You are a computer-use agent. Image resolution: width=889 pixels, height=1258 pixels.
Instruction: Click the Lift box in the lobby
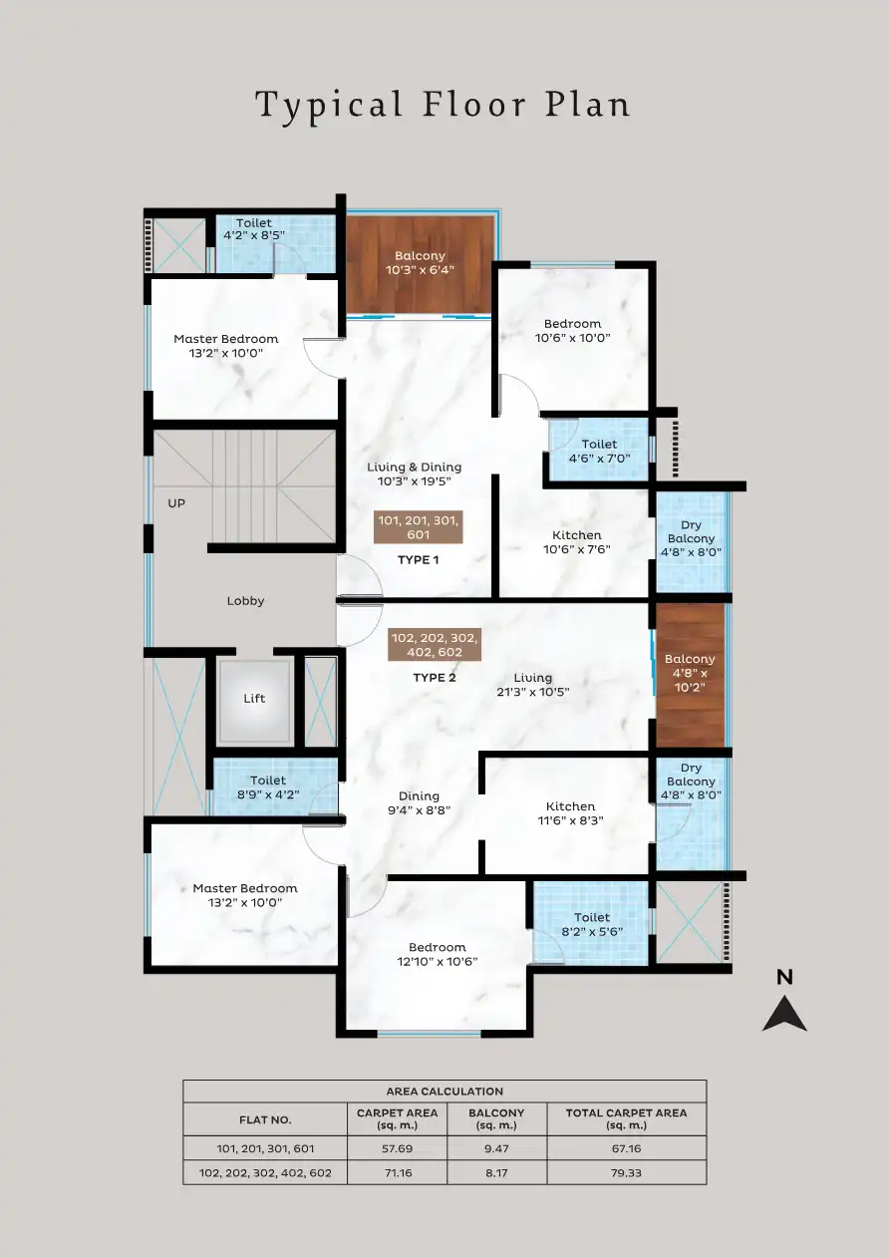pos(254,700)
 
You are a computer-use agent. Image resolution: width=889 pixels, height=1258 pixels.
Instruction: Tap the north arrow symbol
pos(784,1007)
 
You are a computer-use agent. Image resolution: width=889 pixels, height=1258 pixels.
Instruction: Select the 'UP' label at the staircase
pos(176,503)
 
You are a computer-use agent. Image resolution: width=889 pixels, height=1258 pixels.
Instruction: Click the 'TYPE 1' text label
pos(418,560)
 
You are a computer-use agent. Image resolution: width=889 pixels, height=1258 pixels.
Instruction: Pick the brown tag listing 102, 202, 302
pos(434,645)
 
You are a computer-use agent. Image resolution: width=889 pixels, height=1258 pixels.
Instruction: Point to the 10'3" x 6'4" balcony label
pos(420,263)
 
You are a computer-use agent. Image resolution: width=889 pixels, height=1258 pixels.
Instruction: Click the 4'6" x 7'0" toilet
pos(599,452)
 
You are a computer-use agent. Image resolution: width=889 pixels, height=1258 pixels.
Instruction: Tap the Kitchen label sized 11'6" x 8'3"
pos(570,813)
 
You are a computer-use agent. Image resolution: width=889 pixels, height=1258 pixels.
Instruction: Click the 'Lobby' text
pos(245,601)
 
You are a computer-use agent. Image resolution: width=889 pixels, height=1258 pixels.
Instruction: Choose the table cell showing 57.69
pos(398,1147)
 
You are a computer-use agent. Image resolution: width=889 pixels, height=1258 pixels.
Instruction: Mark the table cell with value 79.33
pos(626,1172)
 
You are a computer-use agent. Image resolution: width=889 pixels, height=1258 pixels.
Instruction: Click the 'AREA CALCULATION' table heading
pos(444,1092)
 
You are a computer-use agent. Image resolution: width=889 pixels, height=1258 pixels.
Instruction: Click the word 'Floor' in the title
pos(468,104)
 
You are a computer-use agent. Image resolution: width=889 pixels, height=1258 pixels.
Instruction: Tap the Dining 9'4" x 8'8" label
pos(419,803)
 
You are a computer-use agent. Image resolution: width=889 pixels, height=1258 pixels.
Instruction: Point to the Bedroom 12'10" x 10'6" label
pos(437,954)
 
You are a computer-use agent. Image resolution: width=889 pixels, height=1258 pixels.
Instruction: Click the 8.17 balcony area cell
pos(496,1172)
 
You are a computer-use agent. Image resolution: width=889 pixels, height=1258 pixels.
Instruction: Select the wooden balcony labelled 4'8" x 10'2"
pos(690,674)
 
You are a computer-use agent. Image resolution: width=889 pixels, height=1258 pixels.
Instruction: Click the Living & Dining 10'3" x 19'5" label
pos(414,473)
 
